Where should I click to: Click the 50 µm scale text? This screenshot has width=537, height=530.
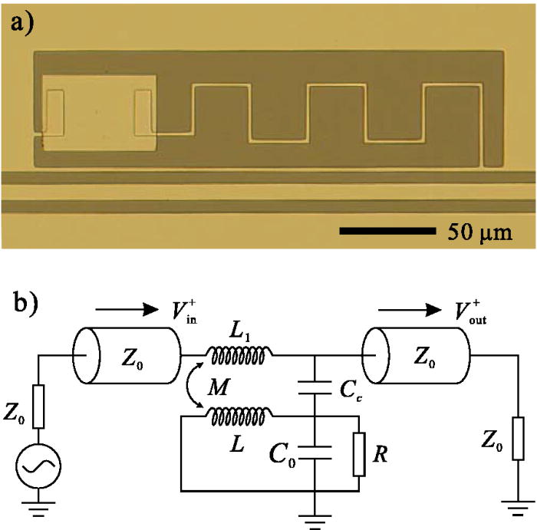click(x=476, y=229)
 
